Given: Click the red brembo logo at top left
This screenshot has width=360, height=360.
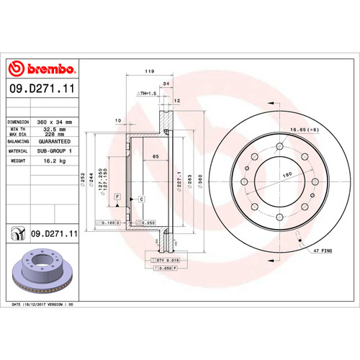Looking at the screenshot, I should (42, 68).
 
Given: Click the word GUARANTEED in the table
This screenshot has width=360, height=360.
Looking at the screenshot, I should (55, 142).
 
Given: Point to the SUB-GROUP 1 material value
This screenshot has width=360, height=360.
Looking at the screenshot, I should (55, 152).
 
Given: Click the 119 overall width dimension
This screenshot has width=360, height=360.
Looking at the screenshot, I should (150, 72).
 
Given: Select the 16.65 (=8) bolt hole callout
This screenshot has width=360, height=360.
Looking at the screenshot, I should (304, 129).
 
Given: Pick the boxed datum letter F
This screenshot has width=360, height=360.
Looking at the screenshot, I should (117, 186).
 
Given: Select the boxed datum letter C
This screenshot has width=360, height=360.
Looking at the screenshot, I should (141, 198).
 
